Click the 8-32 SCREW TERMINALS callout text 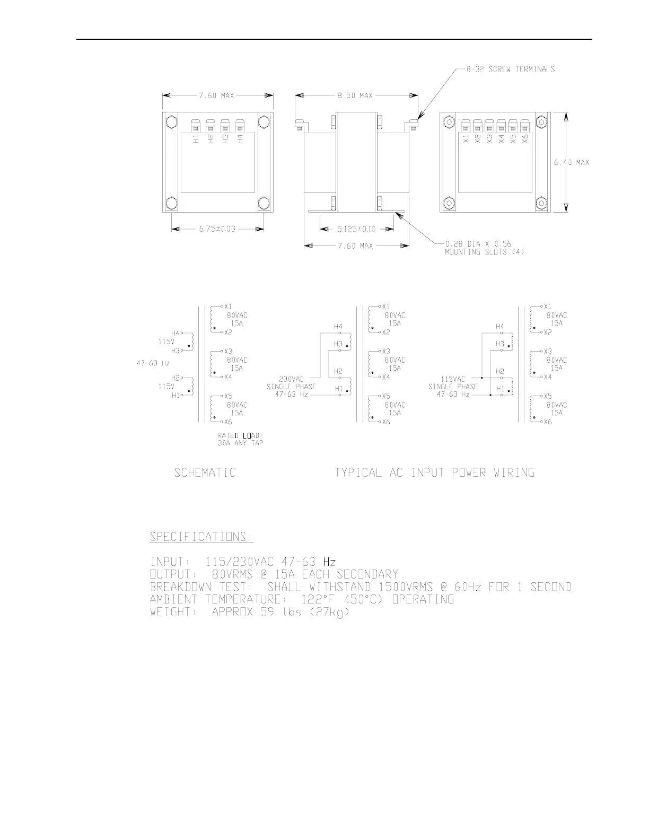pos(511,69)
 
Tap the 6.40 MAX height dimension pos(572,162)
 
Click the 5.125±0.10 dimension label pos(356,229)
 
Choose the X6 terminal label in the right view pos(525,139)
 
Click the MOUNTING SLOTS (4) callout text pos(484,252)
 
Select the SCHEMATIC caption pos(205,472)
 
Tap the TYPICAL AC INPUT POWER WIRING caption pos(434,472)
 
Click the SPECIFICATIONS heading pos(201,537)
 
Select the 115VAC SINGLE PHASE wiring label pos(453,383)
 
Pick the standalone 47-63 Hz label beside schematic pos(153,363)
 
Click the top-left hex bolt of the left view pos(171,122)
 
